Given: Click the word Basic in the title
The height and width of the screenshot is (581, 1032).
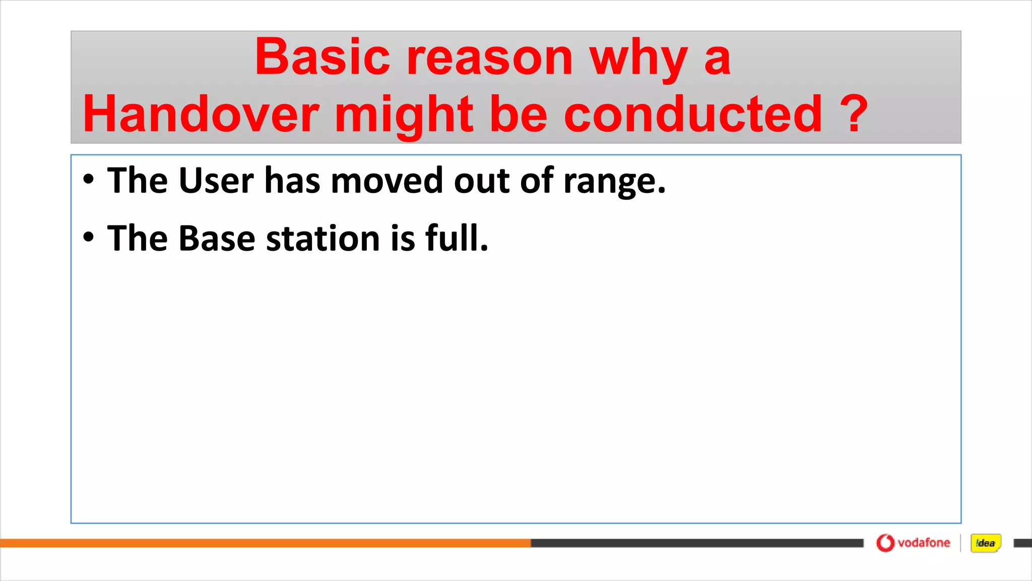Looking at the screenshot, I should point(322,57).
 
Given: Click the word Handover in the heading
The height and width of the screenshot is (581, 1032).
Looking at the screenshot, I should point(201,114).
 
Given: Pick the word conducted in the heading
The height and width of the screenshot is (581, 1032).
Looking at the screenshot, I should point(693,114).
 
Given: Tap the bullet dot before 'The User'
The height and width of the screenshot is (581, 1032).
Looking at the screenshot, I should point(89,180).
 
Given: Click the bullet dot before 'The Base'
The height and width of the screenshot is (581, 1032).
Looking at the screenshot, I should point(89,237).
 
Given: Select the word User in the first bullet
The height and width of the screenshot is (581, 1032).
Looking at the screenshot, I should point(216,181).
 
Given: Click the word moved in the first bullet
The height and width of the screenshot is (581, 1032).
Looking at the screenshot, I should point(386,181).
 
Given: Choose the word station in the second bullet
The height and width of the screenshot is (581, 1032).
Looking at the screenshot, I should point(322,238).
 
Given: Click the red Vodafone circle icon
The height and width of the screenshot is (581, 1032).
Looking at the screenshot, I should point(885,543).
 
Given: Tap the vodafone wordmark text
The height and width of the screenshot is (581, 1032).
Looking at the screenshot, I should point(924,543).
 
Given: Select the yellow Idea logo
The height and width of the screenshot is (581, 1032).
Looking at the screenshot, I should point(985,543).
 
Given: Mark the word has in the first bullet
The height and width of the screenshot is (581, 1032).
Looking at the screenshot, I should point(292,181).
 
